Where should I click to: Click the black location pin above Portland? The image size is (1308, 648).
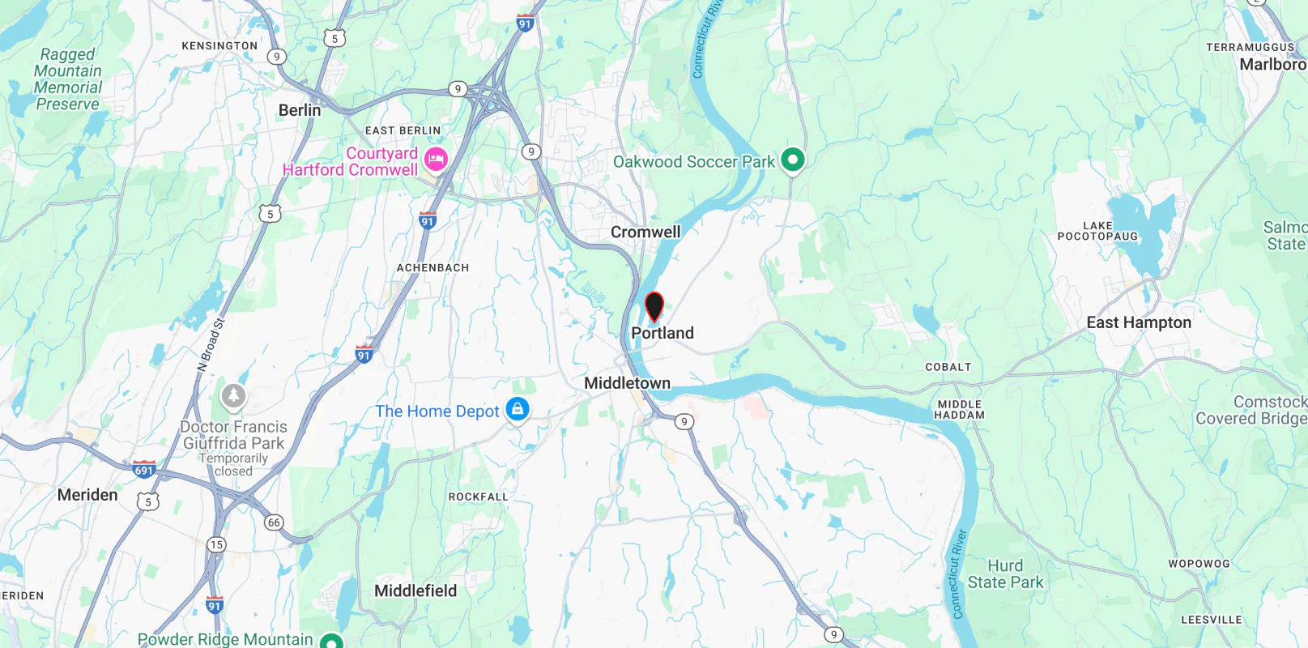click(x=654, y=307)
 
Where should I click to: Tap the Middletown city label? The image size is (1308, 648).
click(x=627, y=383)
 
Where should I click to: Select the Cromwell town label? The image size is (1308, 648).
click(x=645, y=232)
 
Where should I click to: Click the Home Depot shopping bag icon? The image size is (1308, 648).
click(x=518, y=410)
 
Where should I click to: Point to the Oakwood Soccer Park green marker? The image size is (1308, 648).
click(x=792, y=160)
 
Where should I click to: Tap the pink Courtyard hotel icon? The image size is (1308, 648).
click(x=436, y=159)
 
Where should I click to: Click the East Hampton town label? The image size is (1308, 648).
click(x=1139, y=322)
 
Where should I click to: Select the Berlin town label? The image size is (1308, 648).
click(x=300, y=110)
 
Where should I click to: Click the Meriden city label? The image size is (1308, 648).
click(x=87, y=495)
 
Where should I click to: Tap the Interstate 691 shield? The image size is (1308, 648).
click(x=144, y=469)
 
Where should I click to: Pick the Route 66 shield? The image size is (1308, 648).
click(x=274, y=522)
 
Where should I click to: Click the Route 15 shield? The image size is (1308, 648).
click(x=216, y=544)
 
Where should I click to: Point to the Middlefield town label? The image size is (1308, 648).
click(x=415, y=591)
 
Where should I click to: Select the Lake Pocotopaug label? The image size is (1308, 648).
click(x=1097, y=231)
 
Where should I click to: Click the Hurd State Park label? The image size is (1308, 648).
click(x=1005, y=574)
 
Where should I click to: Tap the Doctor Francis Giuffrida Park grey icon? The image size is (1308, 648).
click(x=233, y=396)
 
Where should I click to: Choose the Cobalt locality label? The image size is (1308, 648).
click(x=948, y=367)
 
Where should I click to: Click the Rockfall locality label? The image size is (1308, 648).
click(x=479, y=497)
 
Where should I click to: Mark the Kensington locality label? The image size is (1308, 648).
click(x=219, y=46)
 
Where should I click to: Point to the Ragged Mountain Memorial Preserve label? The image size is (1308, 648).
click(x=68, y=79)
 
